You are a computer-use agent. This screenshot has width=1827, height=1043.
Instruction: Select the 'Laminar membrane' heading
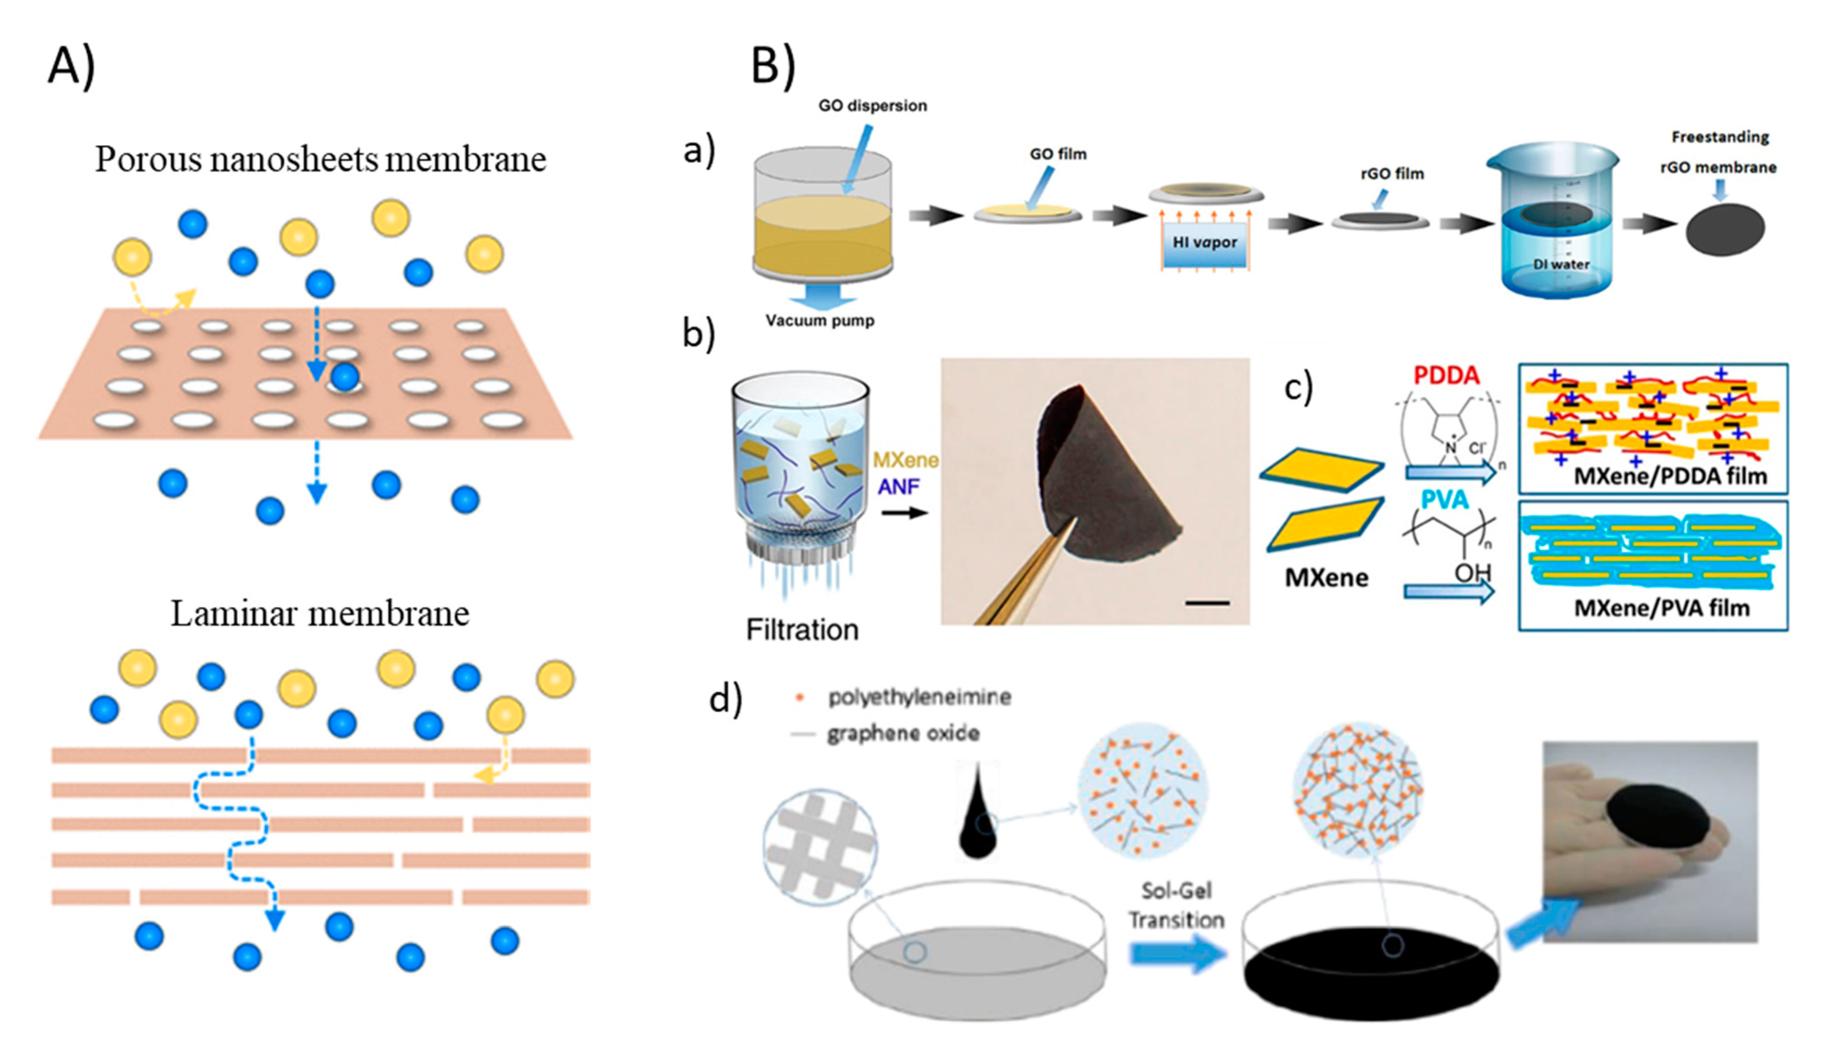319,614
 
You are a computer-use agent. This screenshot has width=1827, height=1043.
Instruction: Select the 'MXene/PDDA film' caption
1669,475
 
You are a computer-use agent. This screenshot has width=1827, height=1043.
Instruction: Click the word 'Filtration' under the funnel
802,630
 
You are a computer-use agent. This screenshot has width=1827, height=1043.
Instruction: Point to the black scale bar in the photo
1207,603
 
